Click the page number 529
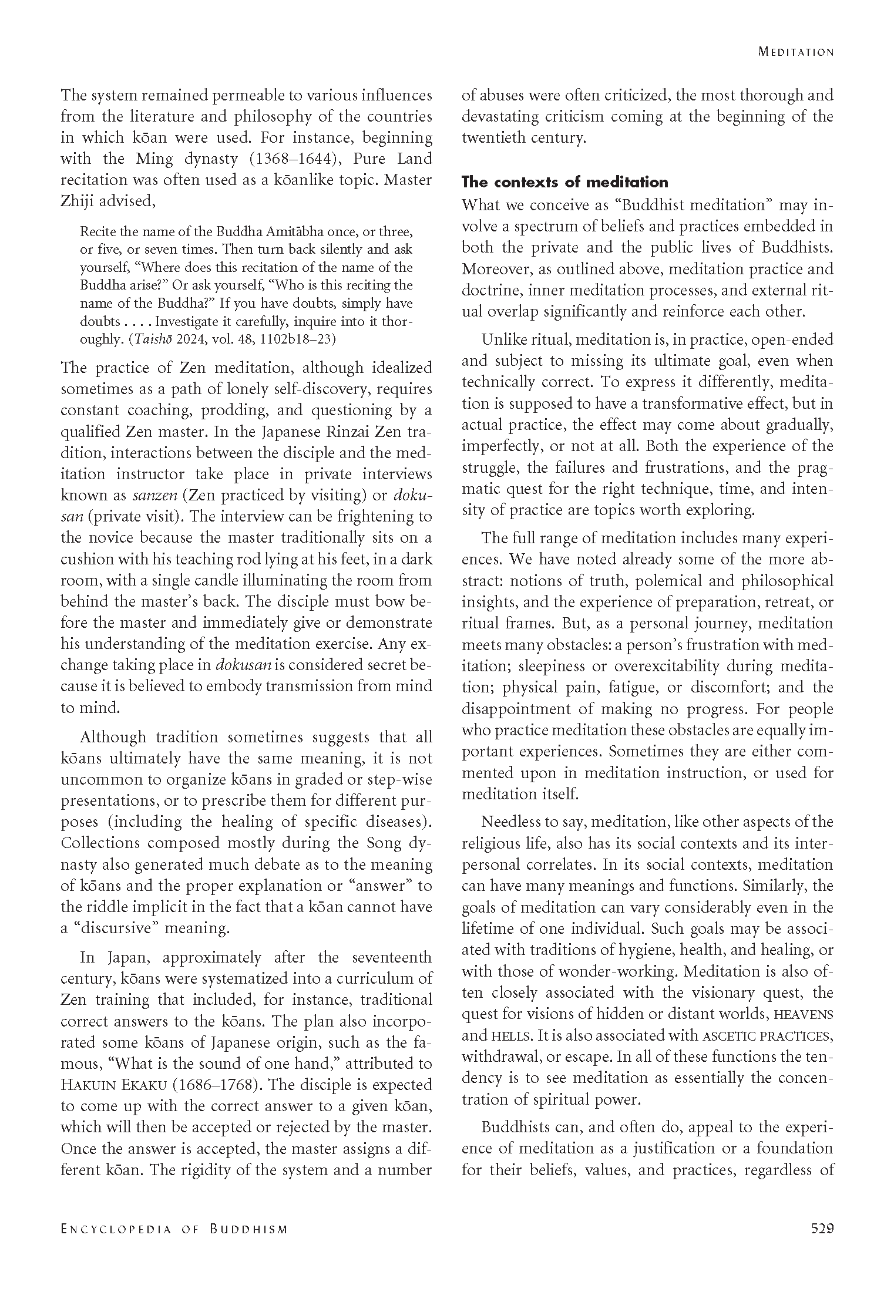pos(822,1229)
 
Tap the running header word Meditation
pos(796,52)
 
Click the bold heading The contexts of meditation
pos(565,182)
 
